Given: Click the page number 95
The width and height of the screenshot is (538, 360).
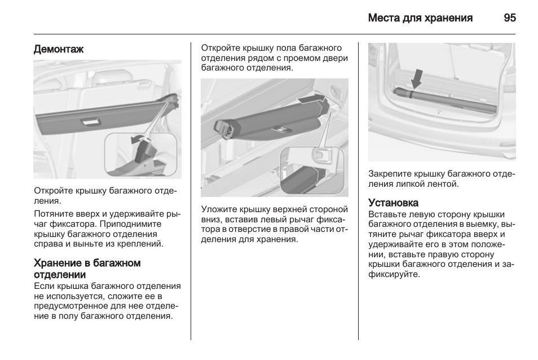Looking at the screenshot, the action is (x=510, y=18).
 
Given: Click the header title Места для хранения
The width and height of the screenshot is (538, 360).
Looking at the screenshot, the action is (x=420, y=18).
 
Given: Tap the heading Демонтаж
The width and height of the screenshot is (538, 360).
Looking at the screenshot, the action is (x=59, y=49).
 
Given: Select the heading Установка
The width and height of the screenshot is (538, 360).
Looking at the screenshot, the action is (x=393, y=203).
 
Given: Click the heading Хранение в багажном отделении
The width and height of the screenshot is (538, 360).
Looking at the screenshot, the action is (x=87, y=269).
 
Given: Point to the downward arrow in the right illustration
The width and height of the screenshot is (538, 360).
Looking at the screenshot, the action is (x=417, y=79).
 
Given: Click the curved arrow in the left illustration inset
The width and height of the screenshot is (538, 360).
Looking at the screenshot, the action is (x=139, y=139).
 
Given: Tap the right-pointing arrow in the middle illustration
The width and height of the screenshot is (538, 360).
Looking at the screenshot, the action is (x=310, y=99).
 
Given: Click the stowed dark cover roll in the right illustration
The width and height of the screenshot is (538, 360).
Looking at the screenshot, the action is (x=445, y=100).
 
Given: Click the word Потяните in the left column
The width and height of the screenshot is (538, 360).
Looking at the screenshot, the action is (x=53, y=214).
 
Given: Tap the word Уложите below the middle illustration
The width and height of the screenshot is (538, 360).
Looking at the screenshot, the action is (x=219, y=209).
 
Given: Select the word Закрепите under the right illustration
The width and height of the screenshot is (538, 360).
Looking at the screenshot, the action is (x=390, y=174).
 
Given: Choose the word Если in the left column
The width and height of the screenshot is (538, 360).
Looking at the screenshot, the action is (x=44, y=286).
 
